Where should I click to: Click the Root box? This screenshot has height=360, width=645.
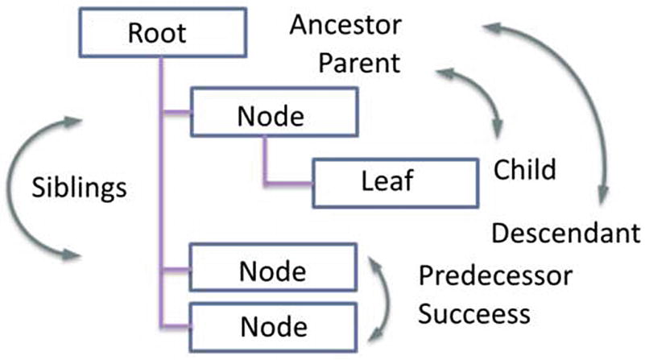tap(157, 34)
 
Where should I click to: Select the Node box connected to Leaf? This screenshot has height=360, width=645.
tap(271, 116)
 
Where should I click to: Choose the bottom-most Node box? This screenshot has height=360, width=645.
tap(271, 327)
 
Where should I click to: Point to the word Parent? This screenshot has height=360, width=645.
tap(359, 63)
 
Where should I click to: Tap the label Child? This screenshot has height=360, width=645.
tap(524, 170)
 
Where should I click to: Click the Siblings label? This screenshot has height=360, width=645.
tap(80, 188)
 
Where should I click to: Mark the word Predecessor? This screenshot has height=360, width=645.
tap(495, 276)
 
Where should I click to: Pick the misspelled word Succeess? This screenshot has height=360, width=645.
tap(474, 312)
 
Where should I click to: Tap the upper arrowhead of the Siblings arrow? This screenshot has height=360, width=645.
tap(71, 121)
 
